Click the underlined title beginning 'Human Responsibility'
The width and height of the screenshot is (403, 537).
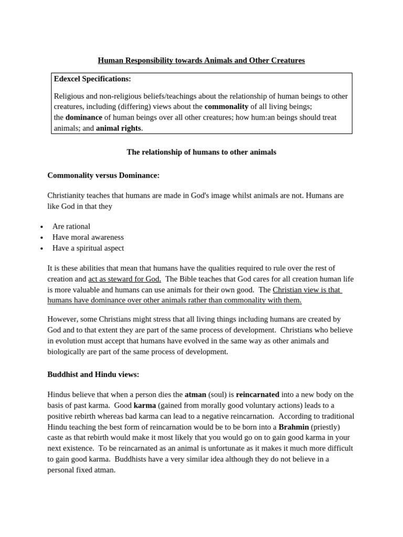click(x=201, y=61)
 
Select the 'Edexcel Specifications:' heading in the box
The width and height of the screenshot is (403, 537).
click(x=92, y=79)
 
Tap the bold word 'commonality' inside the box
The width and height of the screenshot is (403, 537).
click(x=226, y=106)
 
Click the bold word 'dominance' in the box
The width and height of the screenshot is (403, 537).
click(x=83, y=117)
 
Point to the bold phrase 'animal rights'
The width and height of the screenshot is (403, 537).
click(x=118, y=128)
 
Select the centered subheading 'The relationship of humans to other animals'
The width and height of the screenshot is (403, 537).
click(x=201, y=152)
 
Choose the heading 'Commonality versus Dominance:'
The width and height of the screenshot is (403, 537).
click(x=103, y=175)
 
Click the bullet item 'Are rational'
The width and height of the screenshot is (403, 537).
click(x=71, y=227)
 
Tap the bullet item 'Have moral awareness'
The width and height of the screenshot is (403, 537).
click(x=88, y=237)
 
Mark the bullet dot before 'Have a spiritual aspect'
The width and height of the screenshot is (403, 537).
click(x=41, y=249)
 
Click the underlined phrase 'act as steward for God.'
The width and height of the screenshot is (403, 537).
click(x=124, y=279)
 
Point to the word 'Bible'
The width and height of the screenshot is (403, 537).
click(x=196, y=279)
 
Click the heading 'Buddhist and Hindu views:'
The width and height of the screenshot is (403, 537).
click(x=93, y=374)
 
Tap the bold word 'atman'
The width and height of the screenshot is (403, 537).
click(x=195, y=394)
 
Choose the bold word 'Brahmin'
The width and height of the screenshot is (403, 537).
click(x=293, y=427)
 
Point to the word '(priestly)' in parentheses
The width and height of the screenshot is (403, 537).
click(x=325, y=427)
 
